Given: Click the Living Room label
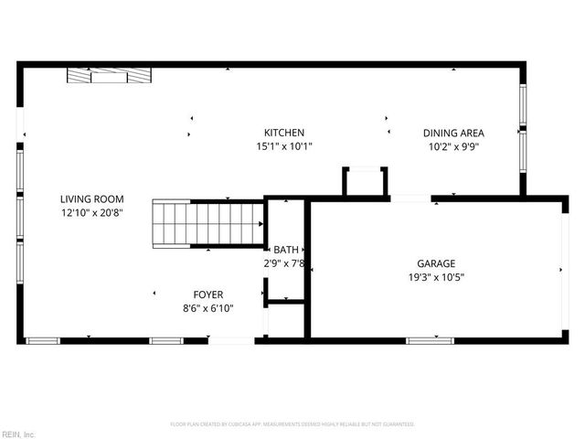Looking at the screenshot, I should tap(91, 199).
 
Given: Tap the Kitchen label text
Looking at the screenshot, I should tap(284, 133).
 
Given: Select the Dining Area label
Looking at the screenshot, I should tap(453, 133).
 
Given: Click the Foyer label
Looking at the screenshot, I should tap(207, 294).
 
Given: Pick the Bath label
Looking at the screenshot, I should tap(284, 250).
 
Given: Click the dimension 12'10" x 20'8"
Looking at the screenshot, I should tap(91, 213).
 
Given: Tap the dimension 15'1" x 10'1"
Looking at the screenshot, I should tap(284, 146).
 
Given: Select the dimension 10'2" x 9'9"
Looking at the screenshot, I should tap(453, 146).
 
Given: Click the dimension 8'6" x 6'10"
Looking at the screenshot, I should tap(207, 308).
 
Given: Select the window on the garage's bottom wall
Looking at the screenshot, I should tap(431, 340).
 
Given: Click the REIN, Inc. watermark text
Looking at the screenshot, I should tap(18, 434).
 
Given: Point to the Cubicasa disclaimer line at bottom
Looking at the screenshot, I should tap(292, 424).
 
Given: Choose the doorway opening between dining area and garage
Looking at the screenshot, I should tap(410, 198).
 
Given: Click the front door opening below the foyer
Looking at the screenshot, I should tap(231, 340).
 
